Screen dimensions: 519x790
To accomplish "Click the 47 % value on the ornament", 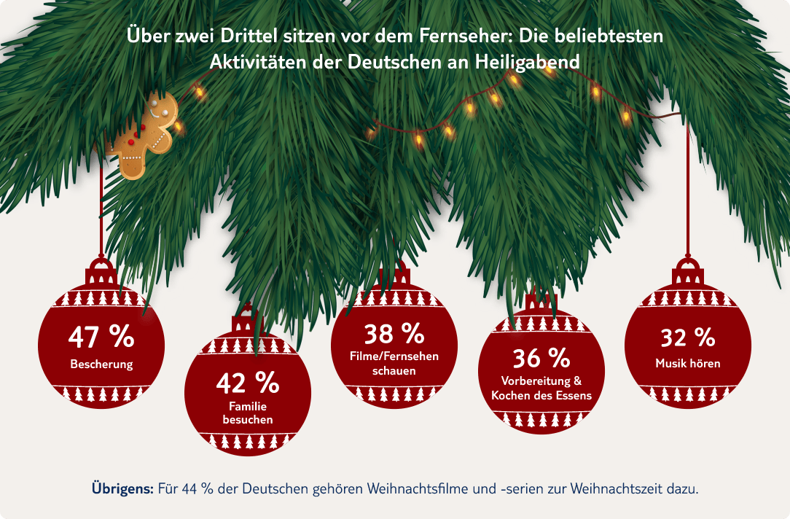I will (x=101, y=337).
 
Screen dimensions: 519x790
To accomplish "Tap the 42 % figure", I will (x=248, y=381).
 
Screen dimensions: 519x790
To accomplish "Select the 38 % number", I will (x=394, y=334).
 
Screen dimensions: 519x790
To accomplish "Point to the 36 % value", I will (x=541, y=358).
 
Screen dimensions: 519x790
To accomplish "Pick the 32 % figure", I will (x=687, y=337).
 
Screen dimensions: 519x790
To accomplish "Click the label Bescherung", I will (x=101, y=364).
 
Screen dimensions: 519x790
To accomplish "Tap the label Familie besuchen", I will (x=248, y=413).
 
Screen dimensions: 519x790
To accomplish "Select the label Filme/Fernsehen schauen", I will (x=394, y=363).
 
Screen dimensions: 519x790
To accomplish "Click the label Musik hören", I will (x=687, y=363).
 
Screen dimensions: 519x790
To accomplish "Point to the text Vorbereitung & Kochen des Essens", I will (x=541, y=389).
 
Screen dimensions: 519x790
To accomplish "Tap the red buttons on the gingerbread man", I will (x=130, y=139).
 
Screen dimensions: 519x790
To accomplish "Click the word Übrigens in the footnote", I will (x=122, y=488).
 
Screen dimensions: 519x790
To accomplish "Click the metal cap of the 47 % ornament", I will (x=101, y=273).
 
